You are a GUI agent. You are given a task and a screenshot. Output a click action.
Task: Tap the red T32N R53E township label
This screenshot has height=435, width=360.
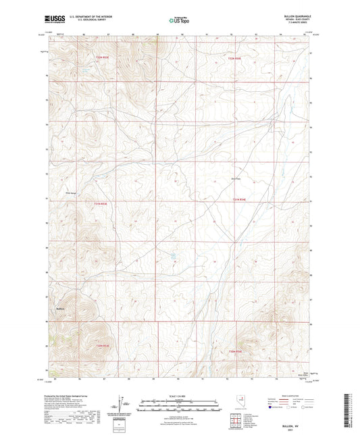point(102,58)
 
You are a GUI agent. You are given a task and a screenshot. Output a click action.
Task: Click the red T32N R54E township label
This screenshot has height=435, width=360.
point(233,59)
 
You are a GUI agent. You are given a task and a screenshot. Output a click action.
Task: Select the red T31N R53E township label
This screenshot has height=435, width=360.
point(101,202)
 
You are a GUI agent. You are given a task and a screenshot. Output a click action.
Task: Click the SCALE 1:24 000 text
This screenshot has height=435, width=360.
point(180,396)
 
